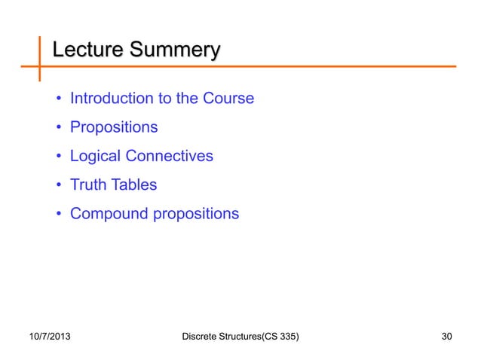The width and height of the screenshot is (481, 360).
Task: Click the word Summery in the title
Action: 175,51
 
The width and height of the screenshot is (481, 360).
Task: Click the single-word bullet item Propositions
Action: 114,127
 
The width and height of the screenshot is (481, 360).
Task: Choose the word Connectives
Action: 169,157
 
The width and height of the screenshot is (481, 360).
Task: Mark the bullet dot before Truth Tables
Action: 58,186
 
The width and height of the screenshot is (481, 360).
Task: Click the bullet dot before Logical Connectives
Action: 58,157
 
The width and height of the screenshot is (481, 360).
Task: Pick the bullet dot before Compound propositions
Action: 58,215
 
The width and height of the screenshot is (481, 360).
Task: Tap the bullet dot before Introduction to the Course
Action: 58,99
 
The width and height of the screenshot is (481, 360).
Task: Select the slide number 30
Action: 448,334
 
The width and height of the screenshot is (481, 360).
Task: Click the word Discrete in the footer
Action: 202,334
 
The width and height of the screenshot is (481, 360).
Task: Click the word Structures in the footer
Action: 244,334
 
